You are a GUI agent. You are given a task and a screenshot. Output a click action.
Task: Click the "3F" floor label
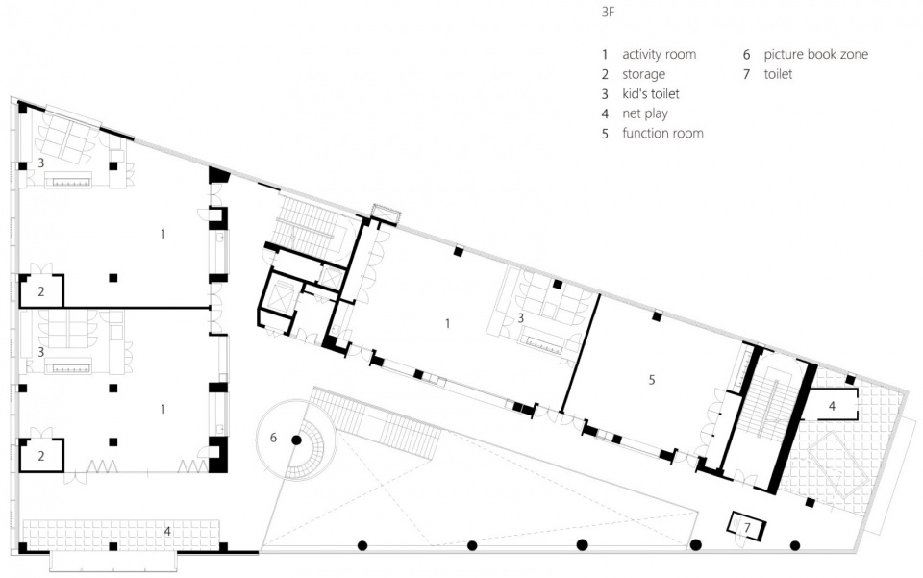pos(608,12)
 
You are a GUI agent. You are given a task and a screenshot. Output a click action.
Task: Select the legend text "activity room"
pos(659,54)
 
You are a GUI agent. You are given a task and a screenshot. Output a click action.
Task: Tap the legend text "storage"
pos(643,74)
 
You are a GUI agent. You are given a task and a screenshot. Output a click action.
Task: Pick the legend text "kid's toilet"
pos(651,93)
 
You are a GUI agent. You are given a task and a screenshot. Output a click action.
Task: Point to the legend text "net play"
pos(644,113)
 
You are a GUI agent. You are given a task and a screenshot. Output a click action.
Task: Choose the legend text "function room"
pos(662,133)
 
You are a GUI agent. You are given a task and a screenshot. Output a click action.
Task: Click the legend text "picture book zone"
pos(816,54)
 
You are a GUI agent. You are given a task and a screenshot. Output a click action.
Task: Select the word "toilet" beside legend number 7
pos(778,74)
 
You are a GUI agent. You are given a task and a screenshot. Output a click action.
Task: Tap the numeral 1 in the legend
pos(605,55)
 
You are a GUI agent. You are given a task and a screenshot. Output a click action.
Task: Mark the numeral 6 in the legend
pos(746,55)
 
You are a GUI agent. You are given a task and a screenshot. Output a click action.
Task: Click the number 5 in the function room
pos(652,380)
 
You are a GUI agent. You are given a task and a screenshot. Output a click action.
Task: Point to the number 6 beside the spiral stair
pos(273,438)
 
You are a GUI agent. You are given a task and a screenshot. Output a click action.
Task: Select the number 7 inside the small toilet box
pos(747,528)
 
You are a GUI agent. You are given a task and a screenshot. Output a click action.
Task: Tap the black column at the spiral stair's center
pos(297,440)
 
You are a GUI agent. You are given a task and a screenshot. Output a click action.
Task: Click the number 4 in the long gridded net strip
pos(167,531)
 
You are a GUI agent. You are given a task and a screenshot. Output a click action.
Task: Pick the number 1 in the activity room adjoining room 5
pos(447,323)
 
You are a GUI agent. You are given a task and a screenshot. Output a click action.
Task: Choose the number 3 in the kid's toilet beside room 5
pos(520,317)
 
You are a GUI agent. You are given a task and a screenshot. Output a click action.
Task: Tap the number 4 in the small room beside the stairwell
pos(832,406)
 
